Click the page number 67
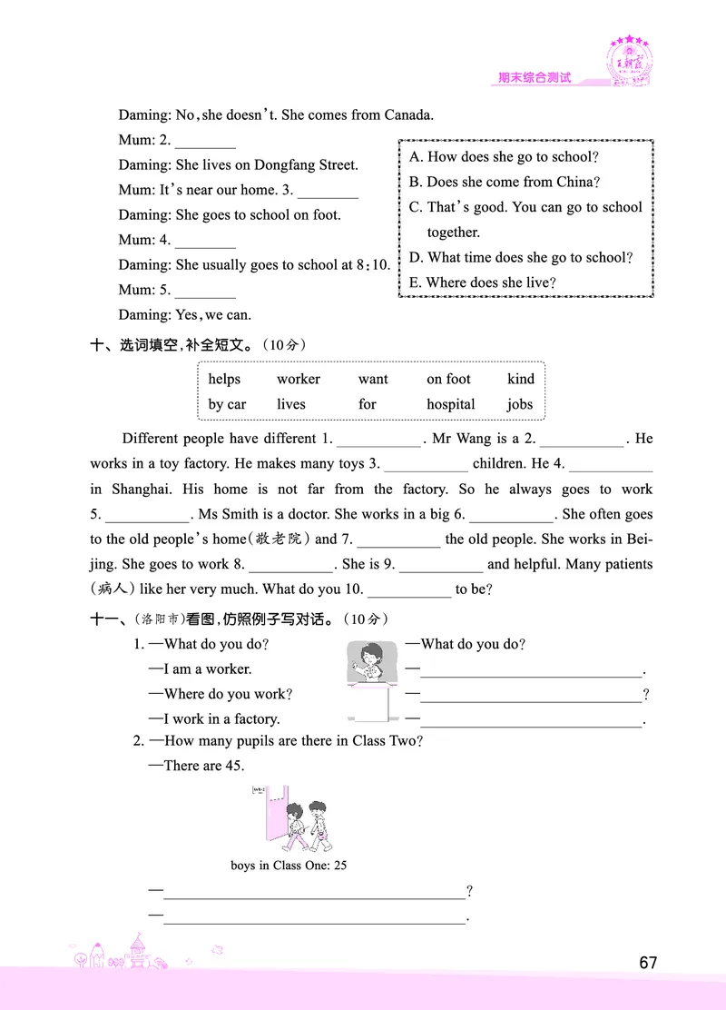(x=647, y=963)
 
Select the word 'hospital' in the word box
(x=451, y=404)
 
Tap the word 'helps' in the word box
(x=225, y=379)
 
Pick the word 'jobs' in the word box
(x=520, y=404)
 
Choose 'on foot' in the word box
(x=448, y=379)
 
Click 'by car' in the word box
(x=227, y=404)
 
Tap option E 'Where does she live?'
(x=482, y=282)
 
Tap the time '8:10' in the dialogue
(x=372, y=265)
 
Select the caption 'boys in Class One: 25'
(x=289, y=866)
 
